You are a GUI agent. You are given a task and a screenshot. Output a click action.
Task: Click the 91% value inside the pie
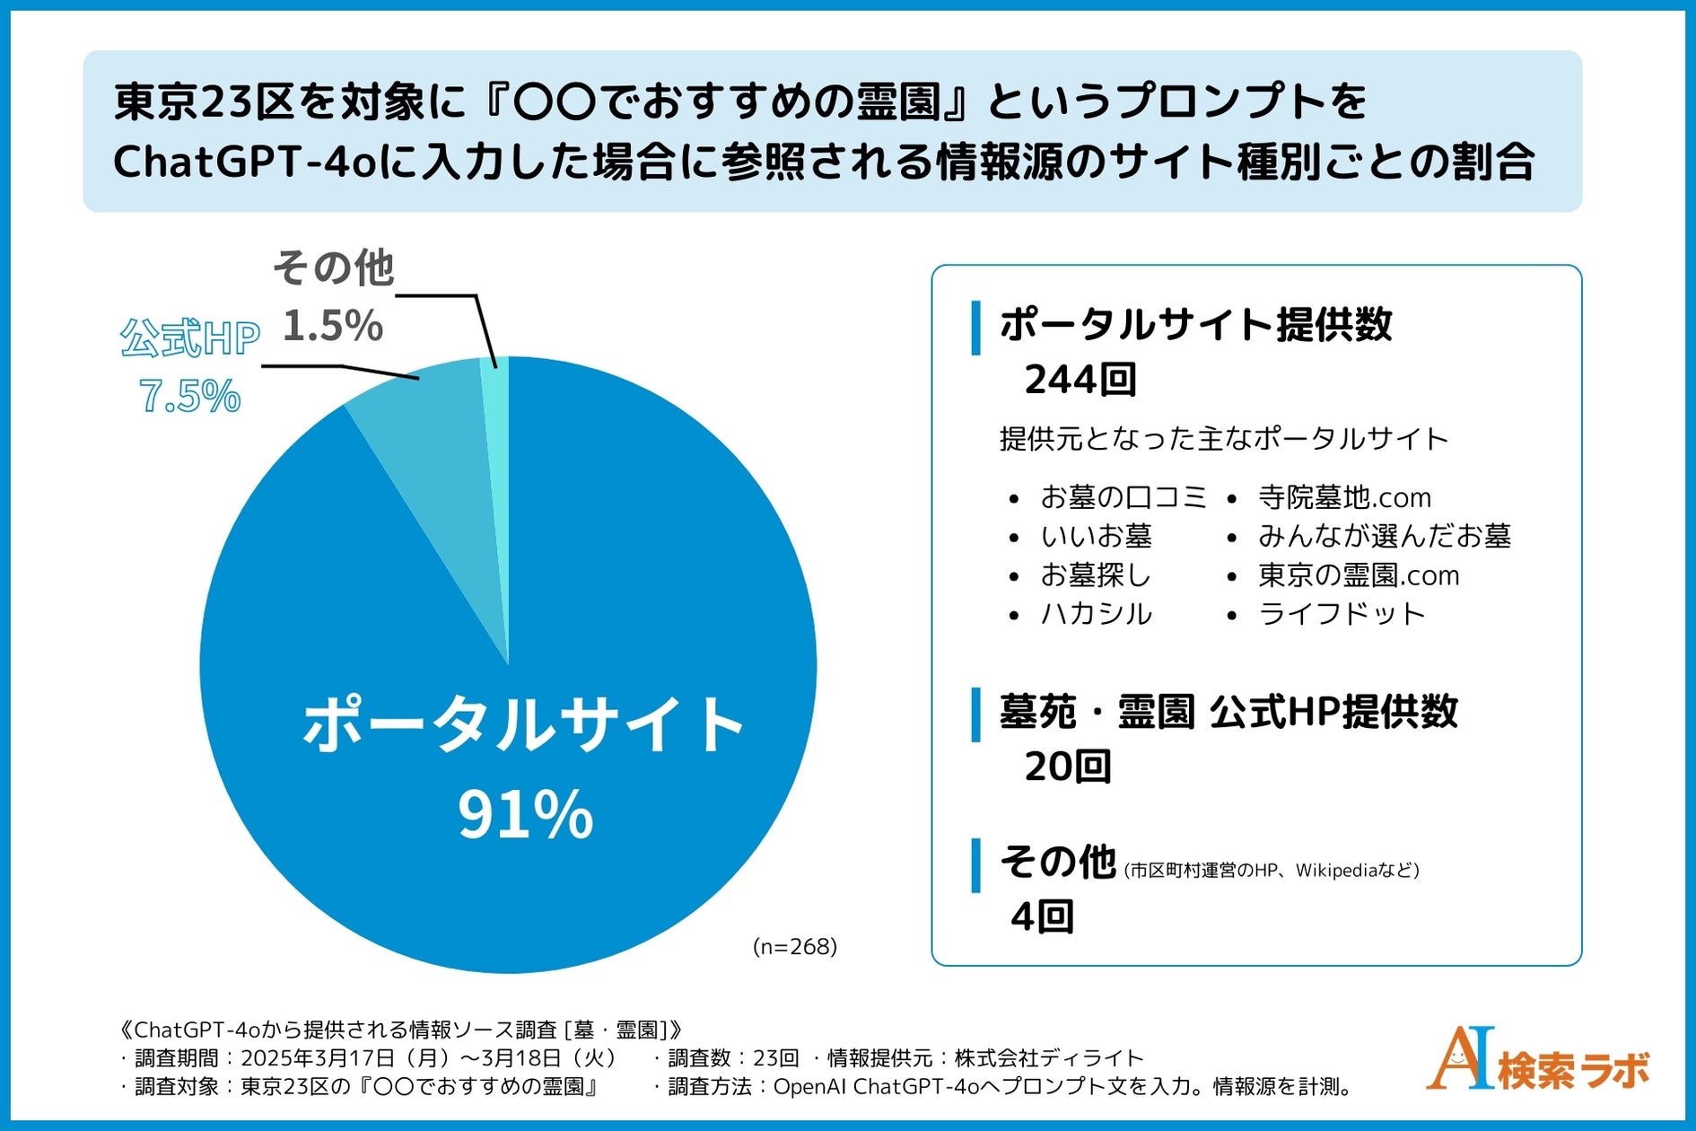click(x=525, y=815)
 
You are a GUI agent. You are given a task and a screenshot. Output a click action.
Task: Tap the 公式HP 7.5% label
click(x=189, y=366)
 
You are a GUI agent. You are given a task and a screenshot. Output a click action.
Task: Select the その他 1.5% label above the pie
click(x=333, y=296)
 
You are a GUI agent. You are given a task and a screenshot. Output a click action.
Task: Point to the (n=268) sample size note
click(x=794, y=946)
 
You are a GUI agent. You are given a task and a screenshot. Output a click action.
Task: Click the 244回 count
click(x=1080, y=380)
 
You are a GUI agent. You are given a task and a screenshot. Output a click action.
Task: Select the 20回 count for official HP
click(x=1067, y=767)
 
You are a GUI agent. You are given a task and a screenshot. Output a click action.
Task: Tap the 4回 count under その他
click(x=1042, y=916)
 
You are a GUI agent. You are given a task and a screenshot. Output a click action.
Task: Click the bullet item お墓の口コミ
click(x=1123, y=497)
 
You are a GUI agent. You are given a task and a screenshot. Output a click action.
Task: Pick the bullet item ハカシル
click(x=1095, y=614)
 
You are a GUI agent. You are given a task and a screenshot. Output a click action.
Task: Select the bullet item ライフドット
click(x=1341, y=614)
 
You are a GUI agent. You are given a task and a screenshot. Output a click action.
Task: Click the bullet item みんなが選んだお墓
click(x=1384, y=536)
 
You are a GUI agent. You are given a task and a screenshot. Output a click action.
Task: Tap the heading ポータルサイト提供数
click(x=1195, y=325)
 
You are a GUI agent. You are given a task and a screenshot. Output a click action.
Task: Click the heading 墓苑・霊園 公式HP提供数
click(x=1228, y=712)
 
